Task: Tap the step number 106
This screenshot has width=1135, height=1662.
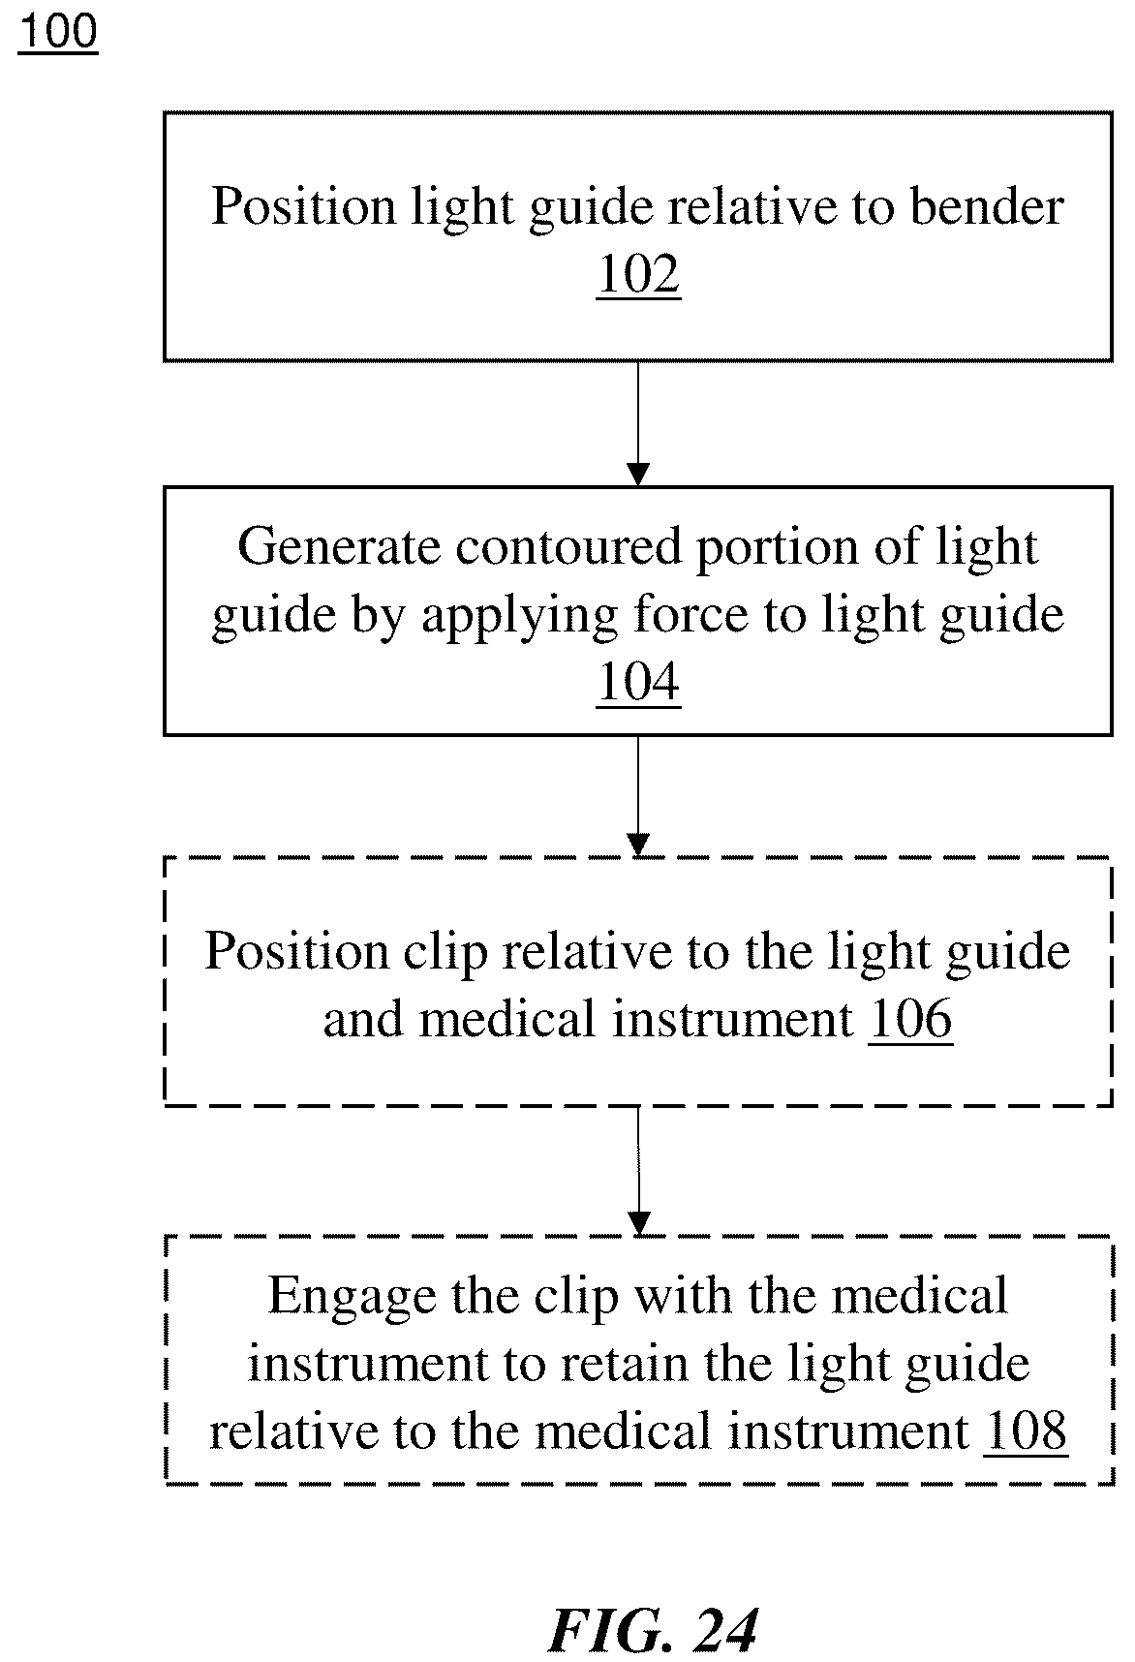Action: tap(910, 1019)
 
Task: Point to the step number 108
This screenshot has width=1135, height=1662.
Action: tap(1026, 1431)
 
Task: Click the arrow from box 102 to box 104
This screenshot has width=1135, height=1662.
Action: tap(638, 423)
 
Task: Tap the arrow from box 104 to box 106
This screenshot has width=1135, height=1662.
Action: tap(638, 796)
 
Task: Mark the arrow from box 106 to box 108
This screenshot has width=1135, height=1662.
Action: tap(638, 1171)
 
